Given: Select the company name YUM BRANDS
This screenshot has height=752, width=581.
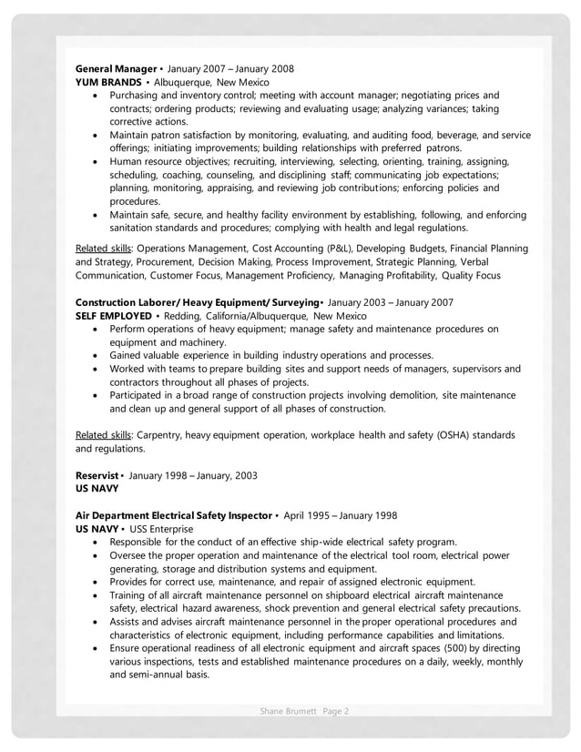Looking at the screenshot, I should [x=107, y=82].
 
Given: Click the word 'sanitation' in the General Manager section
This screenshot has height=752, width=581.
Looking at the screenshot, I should [x=137, y=228].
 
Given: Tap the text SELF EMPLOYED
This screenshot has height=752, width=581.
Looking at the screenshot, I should [x=113, y=316].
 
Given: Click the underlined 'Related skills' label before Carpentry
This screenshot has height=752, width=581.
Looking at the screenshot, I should [x=103, y=435].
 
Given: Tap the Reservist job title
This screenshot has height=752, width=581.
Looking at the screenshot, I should [x=97, y=475].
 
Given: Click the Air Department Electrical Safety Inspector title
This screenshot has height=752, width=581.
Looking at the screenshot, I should [x=173, y=515].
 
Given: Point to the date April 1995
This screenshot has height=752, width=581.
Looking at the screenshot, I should [x=311, y=515].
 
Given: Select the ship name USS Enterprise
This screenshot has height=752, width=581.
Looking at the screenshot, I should [x=161, y=529].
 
